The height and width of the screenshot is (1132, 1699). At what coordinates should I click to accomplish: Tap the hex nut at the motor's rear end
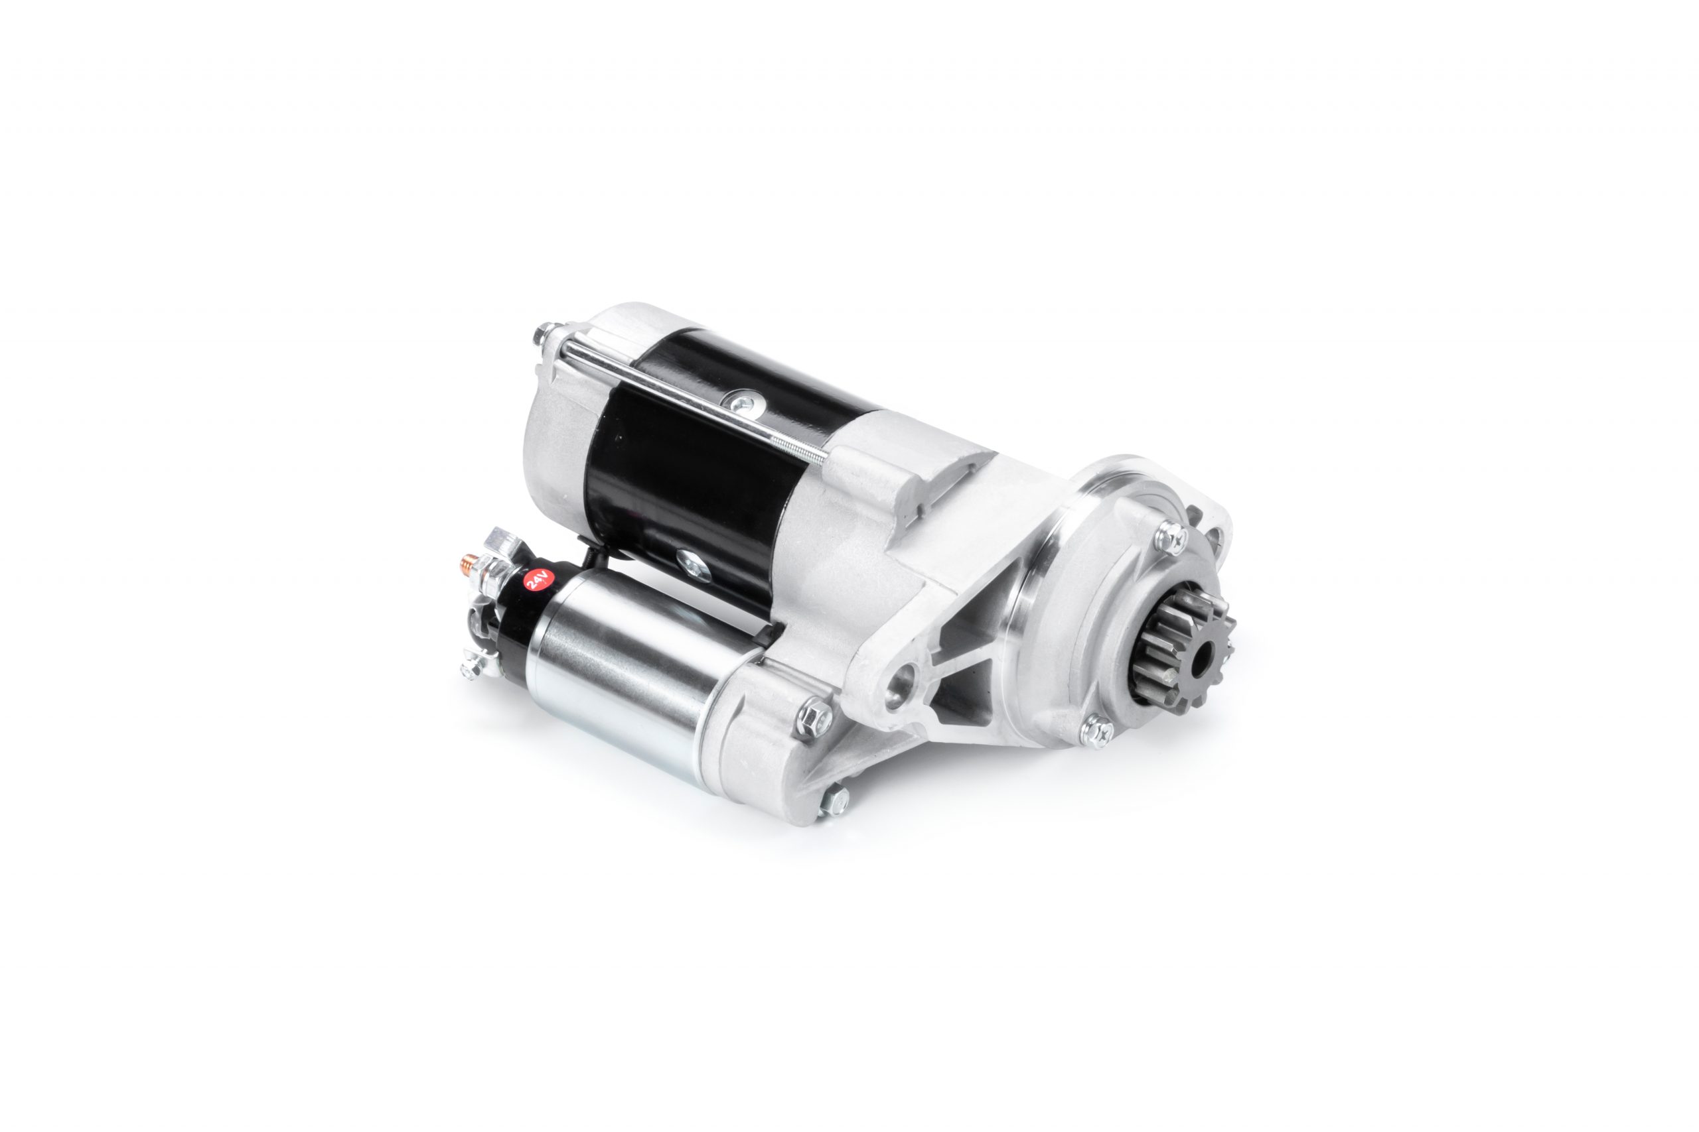[541, 335]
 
